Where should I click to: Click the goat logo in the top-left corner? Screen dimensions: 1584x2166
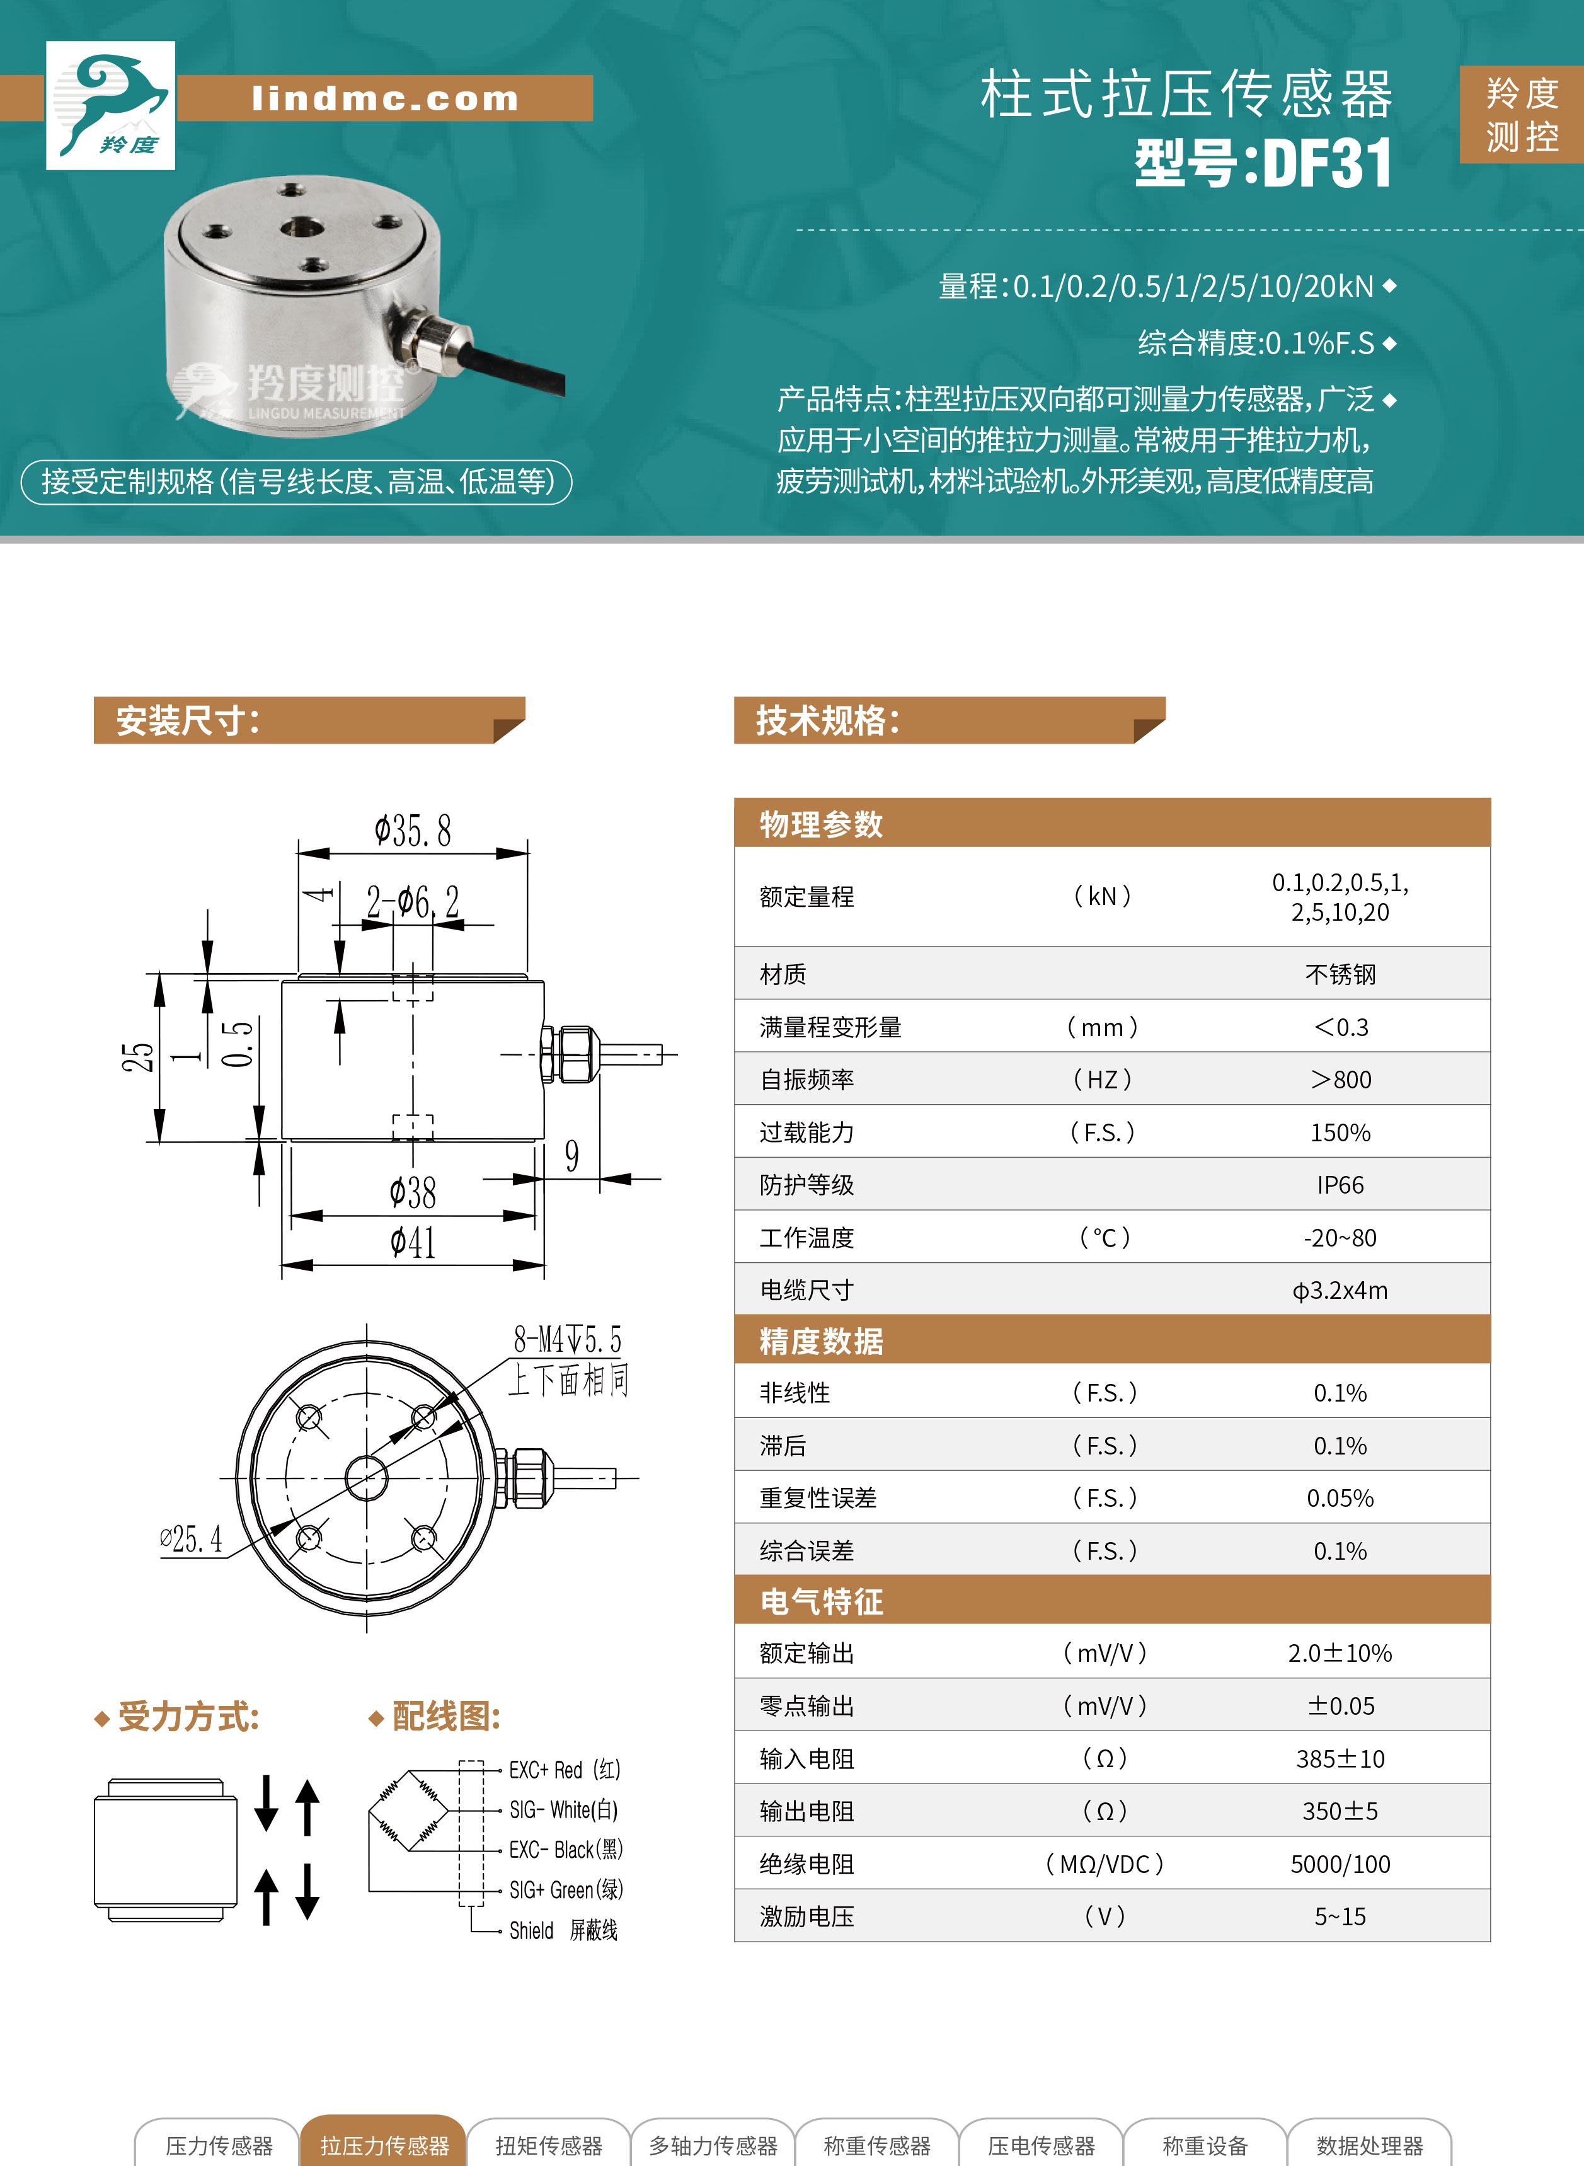110,105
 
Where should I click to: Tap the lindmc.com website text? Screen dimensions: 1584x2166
384,98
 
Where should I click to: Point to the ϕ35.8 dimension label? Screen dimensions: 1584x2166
412,831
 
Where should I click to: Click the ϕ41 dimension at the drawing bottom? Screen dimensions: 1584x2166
412,1243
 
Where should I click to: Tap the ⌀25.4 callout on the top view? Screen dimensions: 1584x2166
191,1539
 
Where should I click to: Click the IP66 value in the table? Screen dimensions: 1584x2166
1340,1185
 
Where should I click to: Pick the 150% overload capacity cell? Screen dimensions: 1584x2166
1340,1132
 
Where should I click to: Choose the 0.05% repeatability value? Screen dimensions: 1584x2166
1340,1498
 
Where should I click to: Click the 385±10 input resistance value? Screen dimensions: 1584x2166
1340,1758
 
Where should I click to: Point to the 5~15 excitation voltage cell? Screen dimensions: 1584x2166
1340,1916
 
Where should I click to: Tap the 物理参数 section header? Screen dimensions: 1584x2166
821,824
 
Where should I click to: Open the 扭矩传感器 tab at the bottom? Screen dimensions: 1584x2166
548,2145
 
